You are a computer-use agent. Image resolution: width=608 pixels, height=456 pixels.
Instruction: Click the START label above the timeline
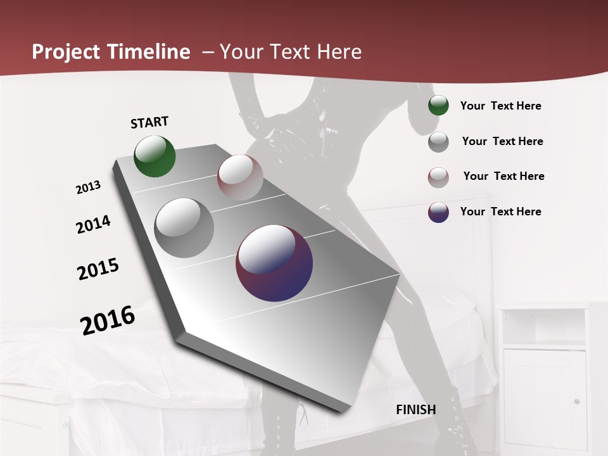click(149, 122)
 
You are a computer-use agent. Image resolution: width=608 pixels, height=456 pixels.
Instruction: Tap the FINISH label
click(416, 409)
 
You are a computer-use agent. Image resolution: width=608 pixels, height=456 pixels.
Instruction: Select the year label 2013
click(88, 187)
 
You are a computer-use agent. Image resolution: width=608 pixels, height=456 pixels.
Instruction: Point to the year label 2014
click(93, 224)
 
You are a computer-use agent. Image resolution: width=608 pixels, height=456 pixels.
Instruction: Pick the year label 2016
click(108, 320)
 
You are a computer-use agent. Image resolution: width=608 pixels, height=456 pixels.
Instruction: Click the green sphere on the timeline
click(155, 156)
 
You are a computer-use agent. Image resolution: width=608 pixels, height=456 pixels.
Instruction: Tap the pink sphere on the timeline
click(240, 177)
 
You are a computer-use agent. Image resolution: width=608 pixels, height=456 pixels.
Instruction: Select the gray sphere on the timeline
click(184, 227)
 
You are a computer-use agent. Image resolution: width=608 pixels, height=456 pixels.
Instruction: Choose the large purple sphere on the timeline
click(274, 263)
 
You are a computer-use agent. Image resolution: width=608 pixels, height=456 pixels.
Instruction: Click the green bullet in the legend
click(438, 105)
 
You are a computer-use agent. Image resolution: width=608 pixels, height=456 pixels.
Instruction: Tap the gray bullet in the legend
click(438, 141)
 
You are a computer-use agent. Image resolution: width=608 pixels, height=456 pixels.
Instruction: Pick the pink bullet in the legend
click(438, 177)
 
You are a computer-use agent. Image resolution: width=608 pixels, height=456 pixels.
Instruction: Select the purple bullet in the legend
click(438, 212)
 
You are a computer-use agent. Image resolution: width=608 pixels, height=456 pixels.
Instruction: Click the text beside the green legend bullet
click(500, 106)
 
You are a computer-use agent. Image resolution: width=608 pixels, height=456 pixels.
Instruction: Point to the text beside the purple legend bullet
click(500, 212)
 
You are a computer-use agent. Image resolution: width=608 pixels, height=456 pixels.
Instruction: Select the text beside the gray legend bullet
click(502, 141)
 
